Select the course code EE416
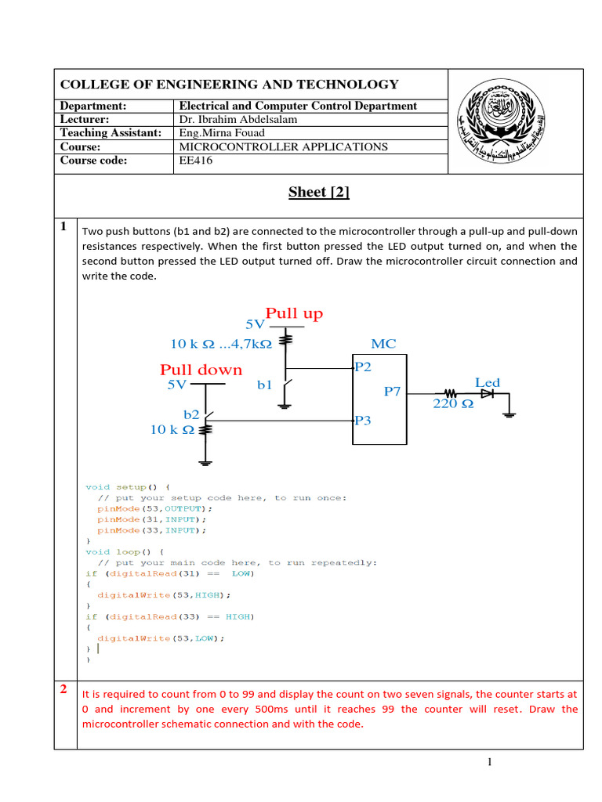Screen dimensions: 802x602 click(x=196, y=161)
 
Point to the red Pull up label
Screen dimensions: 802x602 click(x=294, y=314)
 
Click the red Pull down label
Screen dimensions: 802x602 click(x=201, y=370)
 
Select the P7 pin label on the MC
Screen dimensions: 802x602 click(x=392, y=391)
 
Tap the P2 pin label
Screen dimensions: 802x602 click(x=363, y=367)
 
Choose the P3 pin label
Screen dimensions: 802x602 click(x=363, y=421)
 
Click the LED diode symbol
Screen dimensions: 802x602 click(x=487, y=394)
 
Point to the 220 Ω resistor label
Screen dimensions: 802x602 click(x=453, y=405)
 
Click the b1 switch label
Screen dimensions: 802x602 click(x=265, y=385)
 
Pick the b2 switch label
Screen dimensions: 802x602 click(x=192, y=414)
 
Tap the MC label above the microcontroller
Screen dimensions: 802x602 click(x=383, y=344)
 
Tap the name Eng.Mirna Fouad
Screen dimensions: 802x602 click(x=222, y=133)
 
